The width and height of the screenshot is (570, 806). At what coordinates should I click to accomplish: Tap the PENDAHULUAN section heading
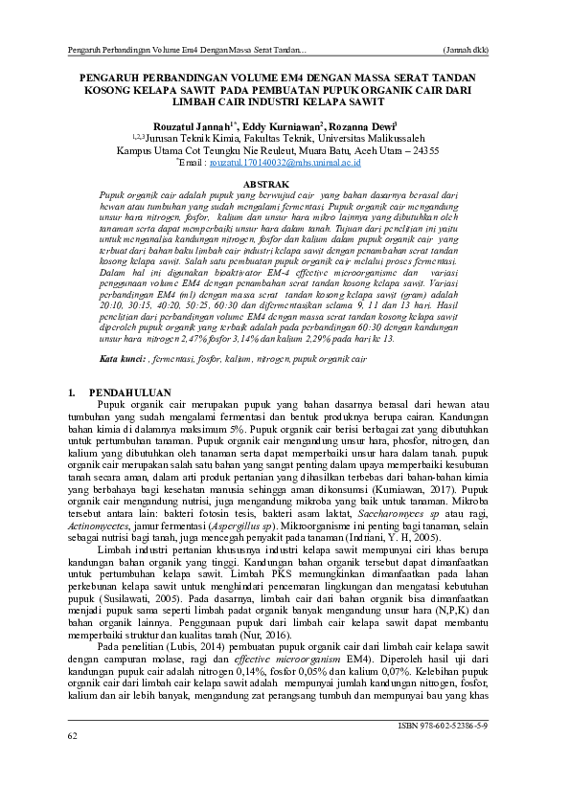tap(128, 393)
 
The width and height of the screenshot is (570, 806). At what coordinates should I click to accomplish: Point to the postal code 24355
tap(422, 150)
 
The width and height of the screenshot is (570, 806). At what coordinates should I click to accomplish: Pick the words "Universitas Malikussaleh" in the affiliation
tap(374, 138)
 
